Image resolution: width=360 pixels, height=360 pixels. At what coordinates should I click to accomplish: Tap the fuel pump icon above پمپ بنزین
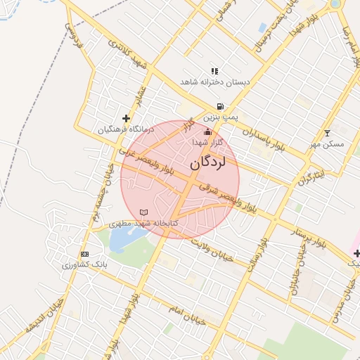(220, 106)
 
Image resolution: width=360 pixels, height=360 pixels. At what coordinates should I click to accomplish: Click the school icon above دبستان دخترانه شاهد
(214, 71)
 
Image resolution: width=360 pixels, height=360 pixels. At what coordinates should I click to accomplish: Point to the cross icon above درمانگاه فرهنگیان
(126, 118)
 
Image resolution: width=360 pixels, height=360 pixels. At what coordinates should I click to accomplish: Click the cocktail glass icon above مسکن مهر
(326, 133)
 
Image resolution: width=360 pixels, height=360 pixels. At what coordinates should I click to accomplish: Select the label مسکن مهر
(327, 144)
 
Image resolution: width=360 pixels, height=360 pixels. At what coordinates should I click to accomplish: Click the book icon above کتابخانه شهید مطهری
(144, 212)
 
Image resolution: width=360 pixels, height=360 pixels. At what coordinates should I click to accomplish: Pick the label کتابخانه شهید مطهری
(144, 223)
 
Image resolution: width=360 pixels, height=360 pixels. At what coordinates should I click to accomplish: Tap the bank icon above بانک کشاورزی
(85, 254)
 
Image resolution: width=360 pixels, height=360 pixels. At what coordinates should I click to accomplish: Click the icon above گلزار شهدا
(207, 131)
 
